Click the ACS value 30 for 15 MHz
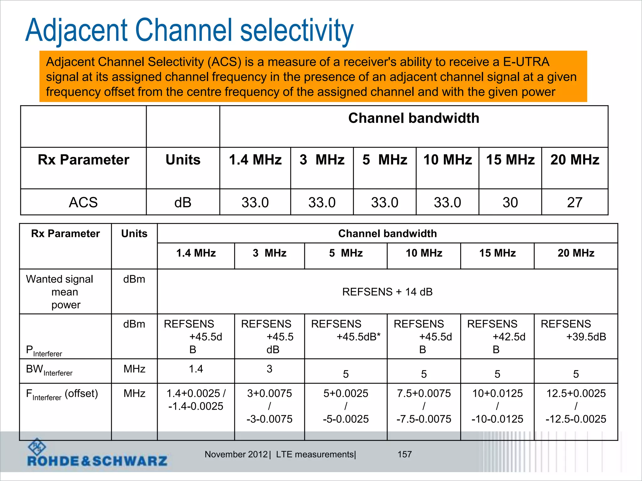pos(510,203)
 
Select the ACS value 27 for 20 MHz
pos(575,203)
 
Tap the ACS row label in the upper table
pos(83,203)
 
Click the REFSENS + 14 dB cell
pos(387,292)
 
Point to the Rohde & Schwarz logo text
pos(97,461)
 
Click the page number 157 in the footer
pos(404,454)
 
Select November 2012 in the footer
pos(236,454)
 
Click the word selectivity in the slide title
pos(297,30)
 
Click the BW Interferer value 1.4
pos(196,369)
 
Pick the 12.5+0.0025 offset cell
pos(576,406)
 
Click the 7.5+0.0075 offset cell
pos(424,406)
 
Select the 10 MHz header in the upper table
pos(448,160)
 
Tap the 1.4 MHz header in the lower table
pos(196,253)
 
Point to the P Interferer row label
pos(44,351)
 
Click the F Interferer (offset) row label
pos(62,394)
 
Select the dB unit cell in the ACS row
pos(183,203)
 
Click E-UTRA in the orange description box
pos(526,62)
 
